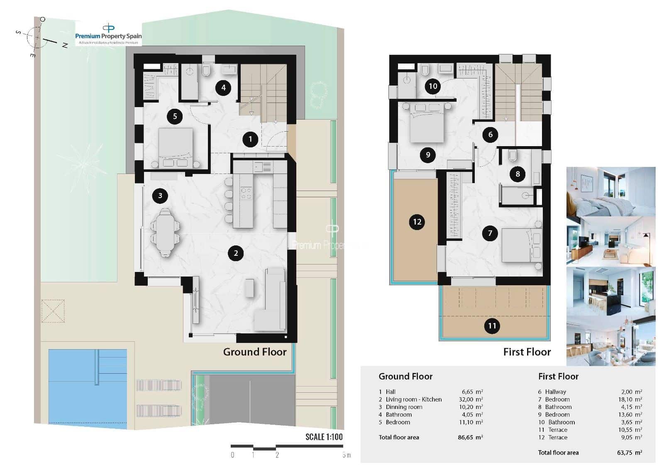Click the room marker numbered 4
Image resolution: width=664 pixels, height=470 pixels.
tap(223, 88)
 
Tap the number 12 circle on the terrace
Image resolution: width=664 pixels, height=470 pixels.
tap(417, 222)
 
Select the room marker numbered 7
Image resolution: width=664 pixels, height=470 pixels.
tap(490, 233)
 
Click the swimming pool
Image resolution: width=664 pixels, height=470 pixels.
tap(87, 388)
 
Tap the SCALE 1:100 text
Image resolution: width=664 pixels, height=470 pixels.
tap(324, 437)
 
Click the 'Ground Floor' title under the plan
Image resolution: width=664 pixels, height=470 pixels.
tap(254, 352)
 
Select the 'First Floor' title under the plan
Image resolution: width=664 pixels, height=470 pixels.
tap(527, 352)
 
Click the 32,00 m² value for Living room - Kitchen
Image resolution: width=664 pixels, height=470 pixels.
tap(470, 399)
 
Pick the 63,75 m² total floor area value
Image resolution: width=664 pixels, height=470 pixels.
tap(629, 453)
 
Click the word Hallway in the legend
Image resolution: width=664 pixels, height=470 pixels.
tap(555, 392)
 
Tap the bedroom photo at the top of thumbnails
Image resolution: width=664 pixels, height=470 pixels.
tap(610, 191)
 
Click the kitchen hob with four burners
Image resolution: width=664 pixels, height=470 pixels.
tap(246, 193)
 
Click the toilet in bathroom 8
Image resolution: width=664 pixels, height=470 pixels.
tap(513, 156)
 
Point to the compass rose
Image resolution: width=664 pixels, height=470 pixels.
tap(37, 37)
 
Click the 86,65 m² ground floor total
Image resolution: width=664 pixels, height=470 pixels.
tap(470, 437)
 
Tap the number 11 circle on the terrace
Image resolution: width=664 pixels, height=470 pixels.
tap(492, 326)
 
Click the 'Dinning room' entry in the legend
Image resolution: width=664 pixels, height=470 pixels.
tap(404, 407)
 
